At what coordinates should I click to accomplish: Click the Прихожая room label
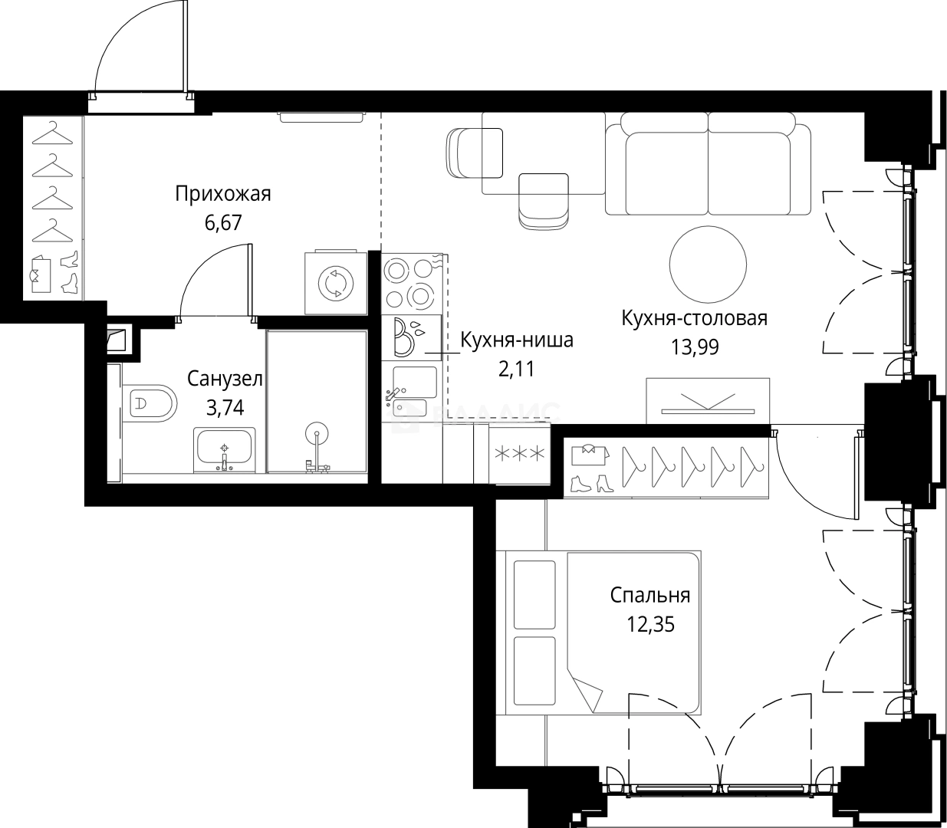coord(222,195)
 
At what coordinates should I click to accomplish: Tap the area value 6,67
coord(223,223)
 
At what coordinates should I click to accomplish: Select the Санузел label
coord(225,379)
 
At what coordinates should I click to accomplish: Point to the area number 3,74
coord(225,408)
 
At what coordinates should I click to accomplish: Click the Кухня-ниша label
coord(517,340)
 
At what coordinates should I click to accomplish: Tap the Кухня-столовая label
coord(694,318)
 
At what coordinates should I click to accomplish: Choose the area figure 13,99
coord(695,347)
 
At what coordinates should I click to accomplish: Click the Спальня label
coord(649,596)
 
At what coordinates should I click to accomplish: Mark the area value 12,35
coord(650,624)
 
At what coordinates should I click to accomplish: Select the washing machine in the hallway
coord(336,282)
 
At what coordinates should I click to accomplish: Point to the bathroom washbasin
coord(225,450)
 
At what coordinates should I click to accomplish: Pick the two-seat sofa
coord(709,164)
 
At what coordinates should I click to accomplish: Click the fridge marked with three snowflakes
coord(519,454)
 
